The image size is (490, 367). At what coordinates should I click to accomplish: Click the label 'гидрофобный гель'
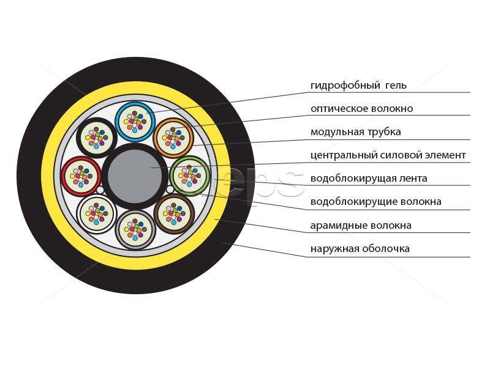(x=358, y=85)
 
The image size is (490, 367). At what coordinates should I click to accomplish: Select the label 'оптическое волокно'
(x=361, y=109)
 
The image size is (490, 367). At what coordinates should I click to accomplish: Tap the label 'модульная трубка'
(x=356, y=132)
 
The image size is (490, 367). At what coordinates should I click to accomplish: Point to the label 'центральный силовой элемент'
(x=388, y=155)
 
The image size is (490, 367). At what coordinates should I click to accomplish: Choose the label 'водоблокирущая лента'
(x=369, y=178)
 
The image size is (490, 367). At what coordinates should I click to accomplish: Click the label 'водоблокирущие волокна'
(x=376, y=202)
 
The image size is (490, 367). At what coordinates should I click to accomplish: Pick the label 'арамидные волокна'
(x=361, y=225)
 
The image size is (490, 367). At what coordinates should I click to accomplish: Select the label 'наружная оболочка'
(x=360, y=249)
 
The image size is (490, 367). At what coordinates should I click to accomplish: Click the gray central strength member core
(x=135, y=176)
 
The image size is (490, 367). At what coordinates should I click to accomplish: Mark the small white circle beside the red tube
(x=100, y=190)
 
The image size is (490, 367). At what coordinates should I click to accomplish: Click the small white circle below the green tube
(x=170, y=190)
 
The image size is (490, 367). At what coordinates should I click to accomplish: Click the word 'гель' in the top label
(x=396, y=85)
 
